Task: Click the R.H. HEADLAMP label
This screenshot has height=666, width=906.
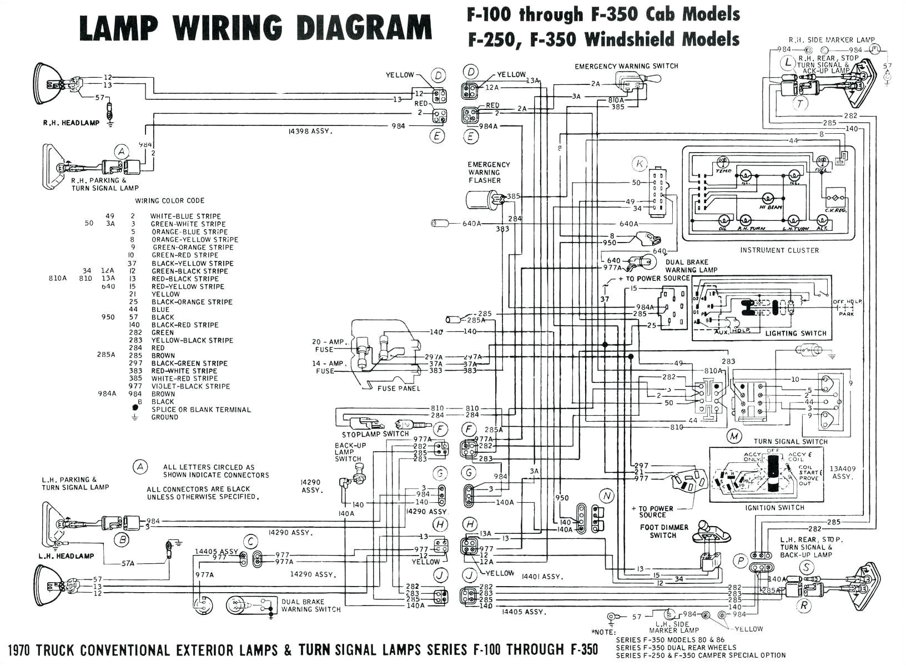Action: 71,123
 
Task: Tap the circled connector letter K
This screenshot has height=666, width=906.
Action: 640,164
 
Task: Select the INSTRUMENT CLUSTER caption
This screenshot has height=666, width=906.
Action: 779,250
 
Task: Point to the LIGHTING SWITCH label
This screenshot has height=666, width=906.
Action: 796,334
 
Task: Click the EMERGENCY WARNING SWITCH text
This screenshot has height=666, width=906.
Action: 626,66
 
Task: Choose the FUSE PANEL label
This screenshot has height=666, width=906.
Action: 399,389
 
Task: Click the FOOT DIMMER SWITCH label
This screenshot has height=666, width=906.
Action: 663,531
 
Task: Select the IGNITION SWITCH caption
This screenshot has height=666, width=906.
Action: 775,508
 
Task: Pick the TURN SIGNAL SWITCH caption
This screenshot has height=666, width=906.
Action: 791,442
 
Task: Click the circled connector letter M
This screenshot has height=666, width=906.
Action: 734,436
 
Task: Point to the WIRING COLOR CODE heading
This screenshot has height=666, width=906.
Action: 170,201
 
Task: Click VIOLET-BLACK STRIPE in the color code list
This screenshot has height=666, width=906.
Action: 190,386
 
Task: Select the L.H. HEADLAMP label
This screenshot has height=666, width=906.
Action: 66,556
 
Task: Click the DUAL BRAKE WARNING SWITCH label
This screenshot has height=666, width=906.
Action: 311,606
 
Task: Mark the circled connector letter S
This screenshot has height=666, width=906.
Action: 806,567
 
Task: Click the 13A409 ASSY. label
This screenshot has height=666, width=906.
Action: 843,472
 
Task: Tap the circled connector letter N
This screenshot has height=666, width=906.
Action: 607,496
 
